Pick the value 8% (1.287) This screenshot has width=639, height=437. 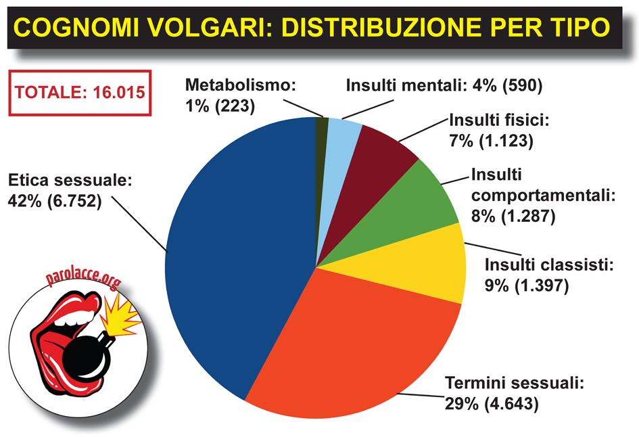pyautogui.click(x=513, y=216)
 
